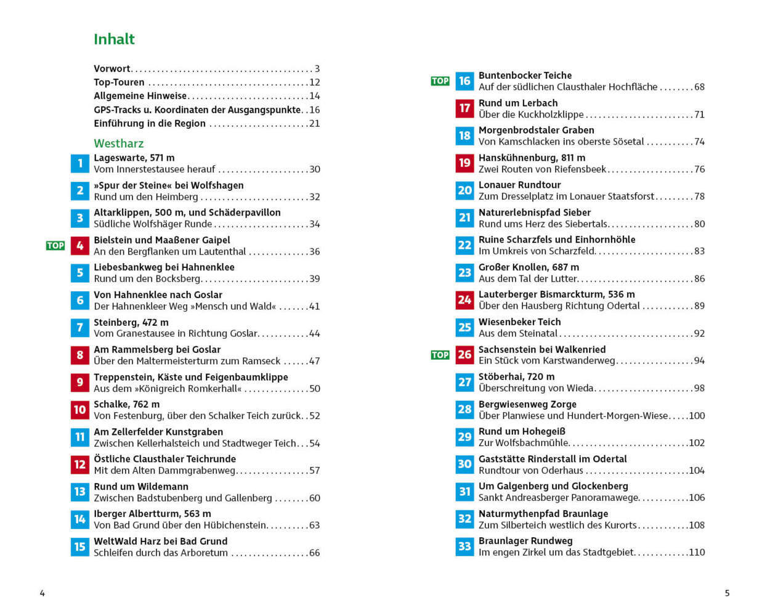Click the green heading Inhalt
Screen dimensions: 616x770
114,39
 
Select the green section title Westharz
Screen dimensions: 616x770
118,144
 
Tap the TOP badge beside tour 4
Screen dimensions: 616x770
55,246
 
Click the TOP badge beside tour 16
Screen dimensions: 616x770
440,81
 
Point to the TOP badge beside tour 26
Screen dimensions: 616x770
440,355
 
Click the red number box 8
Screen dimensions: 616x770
80,355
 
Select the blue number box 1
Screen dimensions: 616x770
80,163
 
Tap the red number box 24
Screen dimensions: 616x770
464,300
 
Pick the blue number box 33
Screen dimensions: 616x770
464,546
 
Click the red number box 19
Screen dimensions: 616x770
464,163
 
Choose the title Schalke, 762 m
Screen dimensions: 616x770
126,405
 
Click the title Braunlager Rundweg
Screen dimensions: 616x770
525,541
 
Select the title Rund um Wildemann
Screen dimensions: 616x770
141,487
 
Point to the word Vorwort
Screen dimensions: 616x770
112,69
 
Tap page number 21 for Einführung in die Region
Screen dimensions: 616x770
314,124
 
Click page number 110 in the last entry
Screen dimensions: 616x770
697,553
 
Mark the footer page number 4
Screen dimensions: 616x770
43,593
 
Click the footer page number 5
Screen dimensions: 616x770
727,593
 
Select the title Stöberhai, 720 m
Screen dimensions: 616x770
516,376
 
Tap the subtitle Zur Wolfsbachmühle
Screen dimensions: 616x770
524,443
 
